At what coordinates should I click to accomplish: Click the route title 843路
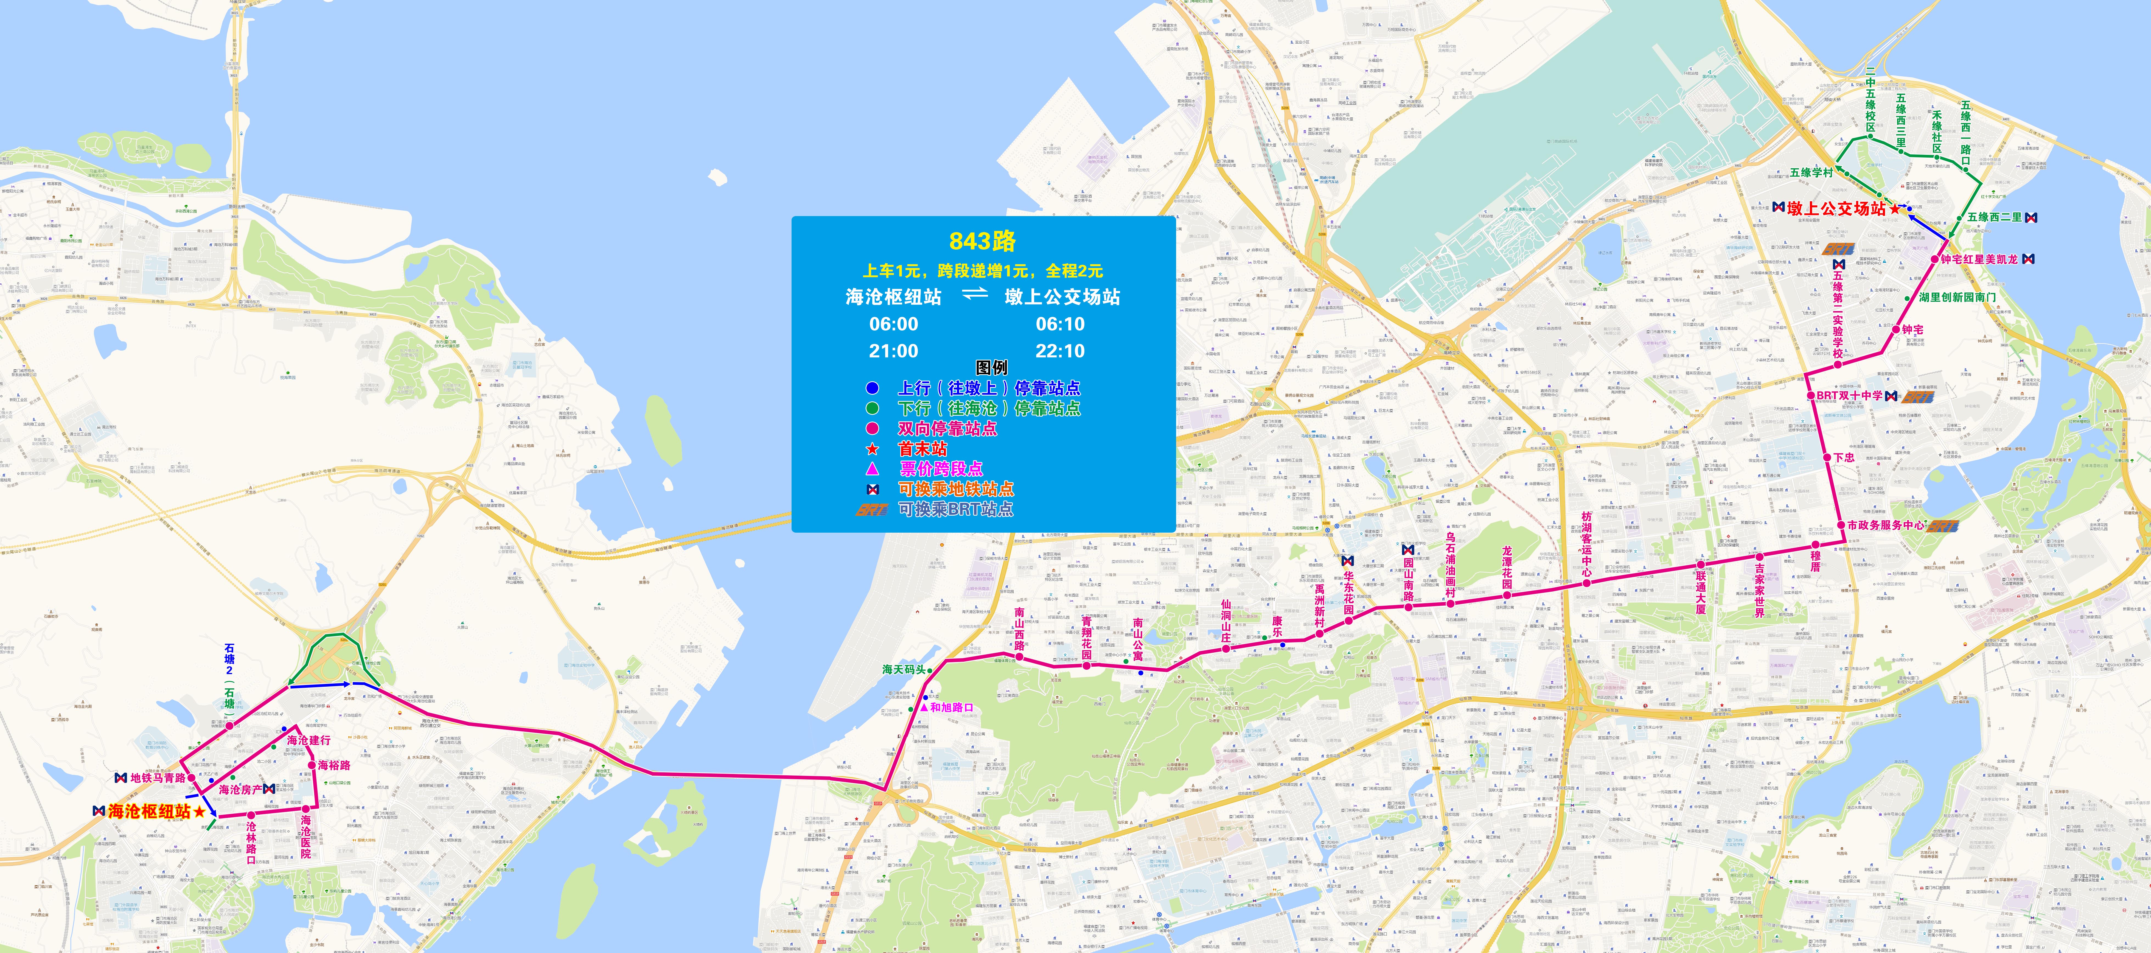982,241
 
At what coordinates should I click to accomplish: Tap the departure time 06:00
893,324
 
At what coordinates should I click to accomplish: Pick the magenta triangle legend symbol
872,469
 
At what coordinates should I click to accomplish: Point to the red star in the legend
872,449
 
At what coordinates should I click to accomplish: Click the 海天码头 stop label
904,669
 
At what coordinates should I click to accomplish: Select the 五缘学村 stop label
1811,173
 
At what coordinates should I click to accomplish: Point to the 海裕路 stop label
334,765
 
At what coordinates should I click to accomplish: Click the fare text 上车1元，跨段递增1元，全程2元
982,271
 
